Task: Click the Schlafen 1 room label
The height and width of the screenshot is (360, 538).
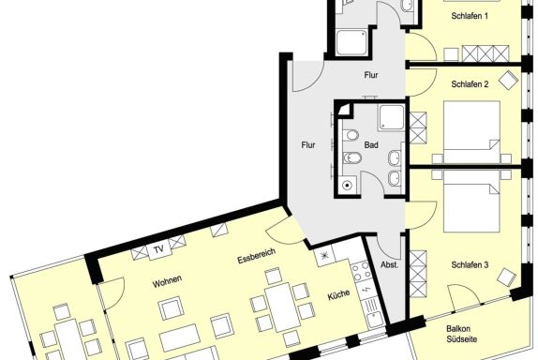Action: click(x=470, y=16)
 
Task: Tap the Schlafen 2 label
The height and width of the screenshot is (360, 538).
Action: click(x=470, y=84)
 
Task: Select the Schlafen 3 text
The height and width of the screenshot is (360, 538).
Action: click(x=470, y=264)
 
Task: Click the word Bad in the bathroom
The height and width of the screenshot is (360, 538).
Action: click(x=371, y=145)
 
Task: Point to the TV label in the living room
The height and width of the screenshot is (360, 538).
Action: click(x=158, y=249)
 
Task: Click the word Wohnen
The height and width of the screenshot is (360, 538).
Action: click(x=167, y=282)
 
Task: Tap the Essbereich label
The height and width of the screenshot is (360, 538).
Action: click(x=256, y=256)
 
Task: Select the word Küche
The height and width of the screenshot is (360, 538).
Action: click(x=338, y=294)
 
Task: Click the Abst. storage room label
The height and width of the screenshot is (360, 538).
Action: click(x=389, y=264)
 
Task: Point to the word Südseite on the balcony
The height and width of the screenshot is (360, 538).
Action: click(x=462, y=339)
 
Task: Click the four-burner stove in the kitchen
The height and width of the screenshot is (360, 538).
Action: click(x=361, y=271)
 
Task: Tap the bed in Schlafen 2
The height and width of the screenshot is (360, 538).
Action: click(x=471, y=132)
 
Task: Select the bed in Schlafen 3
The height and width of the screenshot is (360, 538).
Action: click(x=471, y=202)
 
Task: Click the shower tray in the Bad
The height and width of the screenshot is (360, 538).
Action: click(x=392, y=118)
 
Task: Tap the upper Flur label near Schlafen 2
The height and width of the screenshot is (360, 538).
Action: click(x=371, y=75)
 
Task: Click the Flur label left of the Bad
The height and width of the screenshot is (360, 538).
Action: click(x=308, y=145)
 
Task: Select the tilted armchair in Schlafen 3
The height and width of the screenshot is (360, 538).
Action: click(x=507, y=277)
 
